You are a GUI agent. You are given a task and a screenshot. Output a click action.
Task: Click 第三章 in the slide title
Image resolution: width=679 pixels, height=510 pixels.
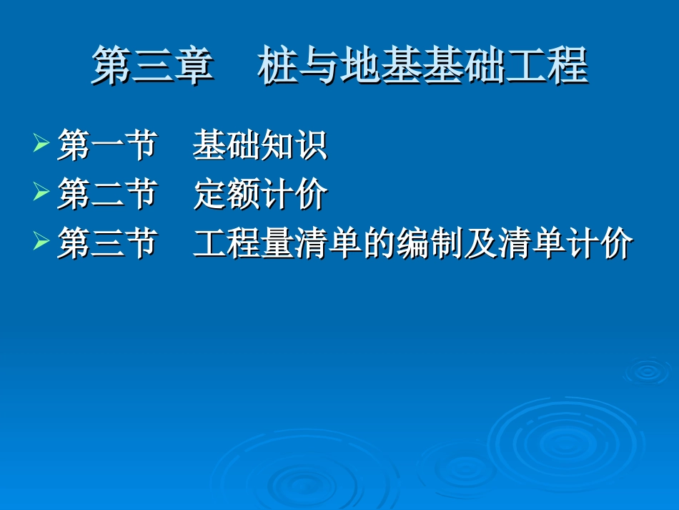coord(153,65)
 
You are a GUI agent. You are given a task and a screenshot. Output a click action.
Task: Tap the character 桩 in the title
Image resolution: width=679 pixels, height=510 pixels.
coord(277,65)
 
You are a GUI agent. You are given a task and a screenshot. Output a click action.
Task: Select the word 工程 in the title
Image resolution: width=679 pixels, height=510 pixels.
coord(547,65)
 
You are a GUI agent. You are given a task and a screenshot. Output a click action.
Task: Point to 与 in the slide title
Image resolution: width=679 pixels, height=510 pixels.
coord(319,65)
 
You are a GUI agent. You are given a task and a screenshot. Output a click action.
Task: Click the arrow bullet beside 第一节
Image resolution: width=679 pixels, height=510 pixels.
coord(41,142)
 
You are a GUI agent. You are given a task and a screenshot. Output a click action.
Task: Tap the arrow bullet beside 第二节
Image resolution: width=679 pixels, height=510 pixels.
coord(41,191)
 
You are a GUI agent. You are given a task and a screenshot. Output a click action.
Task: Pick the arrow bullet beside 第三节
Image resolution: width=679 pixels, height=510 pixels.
coord(41,240)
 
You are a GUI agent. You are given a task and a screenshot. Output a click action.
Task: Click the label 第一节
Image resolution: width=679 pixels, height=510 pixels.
coord(107,144)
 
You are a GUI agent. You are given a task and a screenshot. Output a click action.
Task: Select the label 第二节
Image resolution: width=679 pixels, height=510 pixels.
coord(107,194)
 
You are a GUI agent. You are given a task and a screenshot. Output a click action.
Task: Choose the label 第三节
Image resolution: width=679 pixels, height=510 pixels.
coord(107,243)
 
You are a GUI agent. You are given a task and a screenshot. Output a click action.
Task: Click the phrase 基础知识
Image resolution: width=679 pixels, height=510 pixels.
coord(260,144)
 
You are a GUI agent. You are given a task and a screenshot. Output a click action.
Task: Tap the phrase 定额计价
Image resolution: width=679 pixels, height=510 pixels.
coord(260,194)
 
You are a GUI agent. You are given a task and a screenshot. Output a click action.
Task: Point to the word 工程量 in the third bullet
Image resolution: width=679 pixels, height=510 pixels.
coord(243,243)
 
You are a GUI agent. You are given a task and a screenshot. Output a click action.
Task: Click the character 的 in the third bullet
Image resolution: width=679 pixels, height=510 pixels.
coord(379,243)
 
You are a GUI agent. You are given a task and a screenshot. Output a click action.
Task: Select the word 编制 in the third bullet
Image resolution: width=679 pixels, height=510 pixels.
coord(430,243)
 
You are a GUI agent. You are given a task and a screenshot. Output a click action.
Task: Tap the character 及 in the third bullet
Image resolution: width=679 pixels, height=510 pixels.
coord(480,243)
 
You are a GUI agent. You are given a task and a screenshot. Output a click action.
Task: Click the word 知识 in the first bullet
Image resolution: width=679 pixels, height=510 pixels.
coord(294,144)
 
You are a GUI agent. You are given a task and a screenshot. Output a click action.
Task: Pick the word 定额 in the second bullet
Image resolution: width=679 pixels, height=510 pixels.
coord(227,194)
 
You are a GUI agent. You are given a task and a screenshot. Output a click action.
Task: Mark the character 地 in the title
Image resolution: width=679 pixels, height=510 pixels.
coord(360,65)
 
